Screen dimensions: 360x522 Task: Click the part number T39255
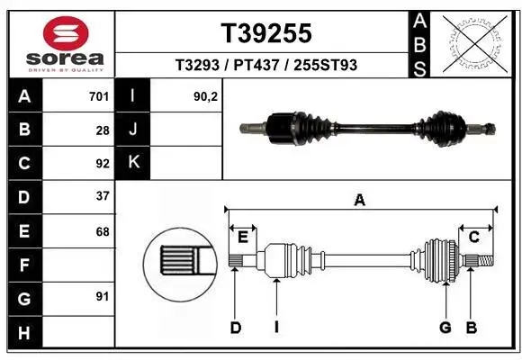pyautogui.click(x=266, y=33)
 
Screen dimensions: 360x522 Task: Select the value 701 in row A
pyautogui.click(x=99, y=95)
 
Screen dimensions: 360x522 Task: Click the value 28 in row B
pyautogui.click(x=103, y=130)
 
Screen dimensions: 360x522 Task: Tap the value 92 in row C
pyautogui.click(x=103, y=164)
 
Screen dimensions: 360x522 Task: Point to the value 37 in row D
pyautogui.click(x=103, y=196)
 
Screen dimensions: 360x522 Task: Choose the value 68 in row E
pyautogui.click(x=103, y=231)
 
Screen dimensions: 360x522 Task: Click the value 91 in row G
pyautogui.click(x=103, y=296)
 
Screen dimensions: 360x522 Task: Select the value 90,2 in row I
pyautogui.click(x=206, y=95)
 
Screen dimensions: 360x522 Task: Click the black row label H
pyautogui.click(x=23, y=332)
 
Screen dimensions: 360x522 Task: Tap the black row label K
pyautogui.click(x=134, y=163)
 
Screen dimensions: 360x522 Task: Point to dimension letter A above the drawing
pyautogui.click(x=360, y=201)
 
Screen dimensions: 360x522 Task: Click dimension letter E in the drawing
pyautogui.click(x=243, y=237)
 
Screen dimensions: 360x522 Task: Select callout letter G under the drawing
pyautogui.click(x=445, y=328)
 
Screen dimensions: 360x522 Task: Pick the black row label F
pyautogui.click(x=23, y=265)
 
